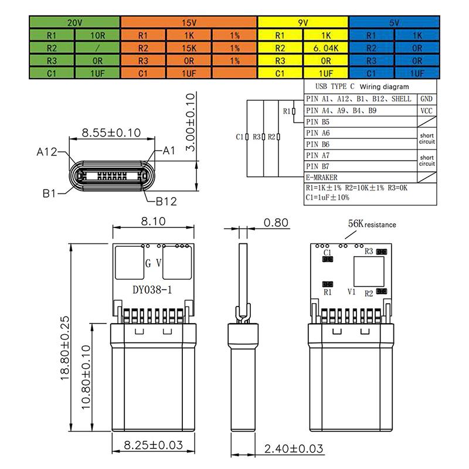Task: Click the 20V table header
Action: (74, 22)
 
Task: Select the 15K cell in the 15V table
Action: (189, 47)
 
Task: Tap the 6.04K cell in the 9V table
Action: (326, 47)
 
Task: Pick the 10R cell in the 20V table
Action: (97, 35)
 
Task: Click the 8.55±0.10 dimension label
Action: (111, 132)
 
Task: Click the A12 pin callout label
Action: (46, 152)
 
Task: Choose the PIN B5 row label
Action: (318, 122)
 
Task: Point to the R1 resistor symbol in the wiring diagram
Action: (294, 111)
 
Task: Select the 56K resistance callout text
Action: (372, 224)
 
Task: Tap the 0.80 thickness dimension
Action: (276, 222)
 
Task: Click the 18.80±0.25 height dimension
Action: (65, 349)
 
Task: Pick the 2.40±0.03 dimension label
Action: (294, 449)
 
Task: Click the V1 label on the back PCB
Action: (352, 291)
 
